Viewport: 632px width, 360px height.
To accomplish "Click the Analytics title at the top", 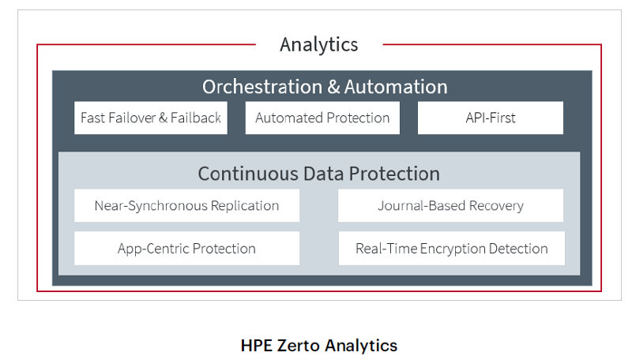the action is tap(319, 45).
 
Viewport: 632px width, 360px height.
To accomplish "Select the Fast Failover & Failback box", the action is tap(151, 118).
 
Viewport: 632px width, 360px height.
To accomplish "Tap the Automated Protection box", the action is tap(322, 118).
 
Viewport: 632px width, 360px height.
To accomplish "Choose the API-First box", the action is tap(491, 118).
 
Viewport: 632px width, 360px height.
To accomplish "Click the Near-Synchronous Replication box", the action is tap(186, 205).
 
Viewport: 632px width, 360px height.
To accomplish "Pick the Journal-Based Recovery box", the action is tap(450, 205).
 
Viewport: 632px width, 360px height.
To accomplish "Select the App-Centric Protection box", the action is tap(186, 248).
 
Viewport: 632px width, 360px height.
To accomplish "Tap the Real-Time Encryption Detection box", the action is tap(451, 248).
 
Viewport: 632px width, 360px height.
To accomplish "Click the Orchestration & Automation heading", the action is tap(325, 87).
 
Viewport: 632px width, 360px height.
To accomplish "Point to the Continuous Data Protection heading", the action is tap(319, 174).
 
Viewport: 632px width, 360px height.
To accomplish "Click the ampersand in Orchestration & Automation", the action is tap(333, 87).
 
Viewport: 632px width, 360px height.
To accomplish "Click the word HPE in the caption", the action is tap(256, 346).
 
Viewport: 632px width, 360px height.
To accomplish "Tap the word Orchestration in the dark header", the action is tap(262, 87).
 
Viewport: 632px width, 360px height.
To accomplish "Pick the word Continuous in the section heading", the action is tap(248, 174).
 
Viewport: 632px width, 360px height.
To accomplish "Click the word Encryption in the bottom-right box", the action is tap(453, 249).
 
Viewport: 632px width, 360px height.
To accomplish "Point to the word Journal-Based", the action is tap(422, 206).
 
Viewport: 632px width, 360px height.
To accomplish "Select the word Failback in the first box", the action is tap(196, 118).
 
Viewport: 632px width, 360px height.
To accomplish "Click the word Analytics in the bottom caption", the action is tap(361, 346).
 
